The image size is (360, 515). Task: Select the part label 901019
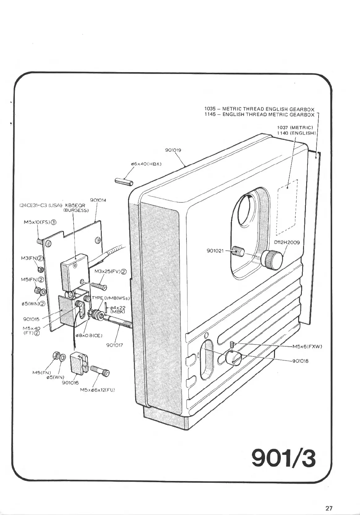(173, 150)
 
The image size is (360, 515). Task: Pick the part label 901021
(215, 251)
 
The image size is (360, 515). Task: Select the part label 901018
(300, 361)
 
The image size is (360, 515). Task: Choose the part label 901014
(98, 200)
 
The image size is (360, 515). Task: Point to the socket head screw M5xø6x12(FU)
(100, 371)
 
